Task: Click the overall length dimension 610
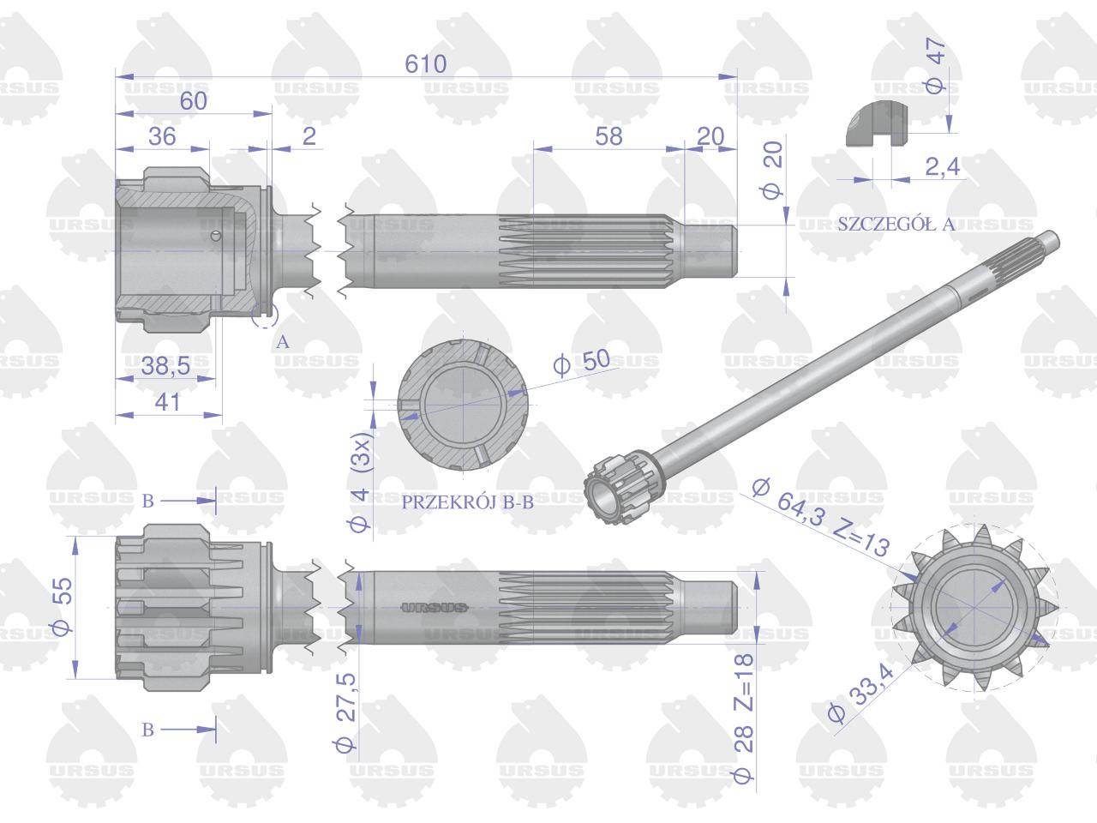(x=425, y=64)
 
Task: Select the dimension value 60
(x=194, y=101)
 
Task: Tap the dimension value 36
(x=163, y=136)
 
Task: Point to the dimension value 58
(x=608, y=136)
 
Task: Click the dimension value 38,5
(x=165, y=366)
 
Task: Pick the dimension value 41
(x=167, y=402)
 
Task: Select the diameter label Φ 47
(x=936, y=65)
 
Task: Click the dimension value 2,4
(x=943, y=166)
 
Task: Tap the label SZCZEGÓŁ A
(x=896, y=225)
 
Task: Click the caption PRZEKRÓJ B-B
(x=468, y=502)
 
